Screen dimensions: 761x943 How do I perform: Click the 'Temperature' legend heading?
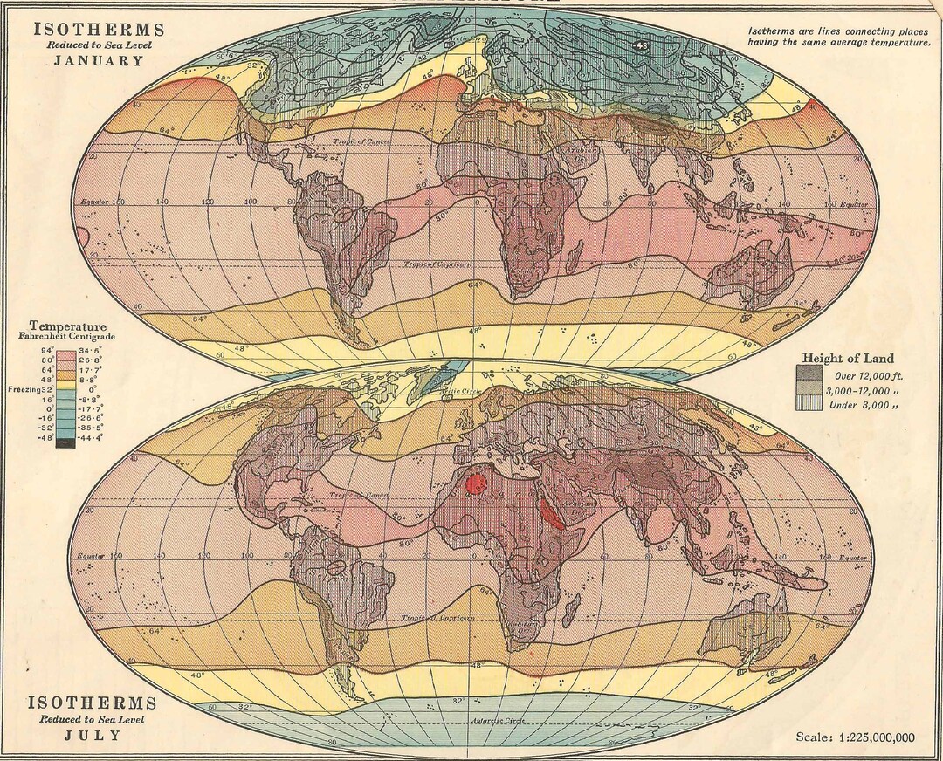click(66, 326)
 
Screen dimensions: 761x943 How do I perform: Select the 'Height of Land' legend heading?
click(847, 358)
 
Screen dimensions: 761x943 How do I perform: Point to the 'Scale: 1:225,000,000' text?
click(855, 737)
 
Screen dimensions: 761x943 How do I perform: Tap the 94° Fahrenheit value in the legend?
click(48, 349)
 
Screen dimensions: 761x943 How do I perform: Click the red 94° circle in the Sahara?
click(477, 483)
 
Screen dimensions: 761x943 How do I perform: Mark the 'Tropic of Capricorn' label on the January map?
click(439, 264)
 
